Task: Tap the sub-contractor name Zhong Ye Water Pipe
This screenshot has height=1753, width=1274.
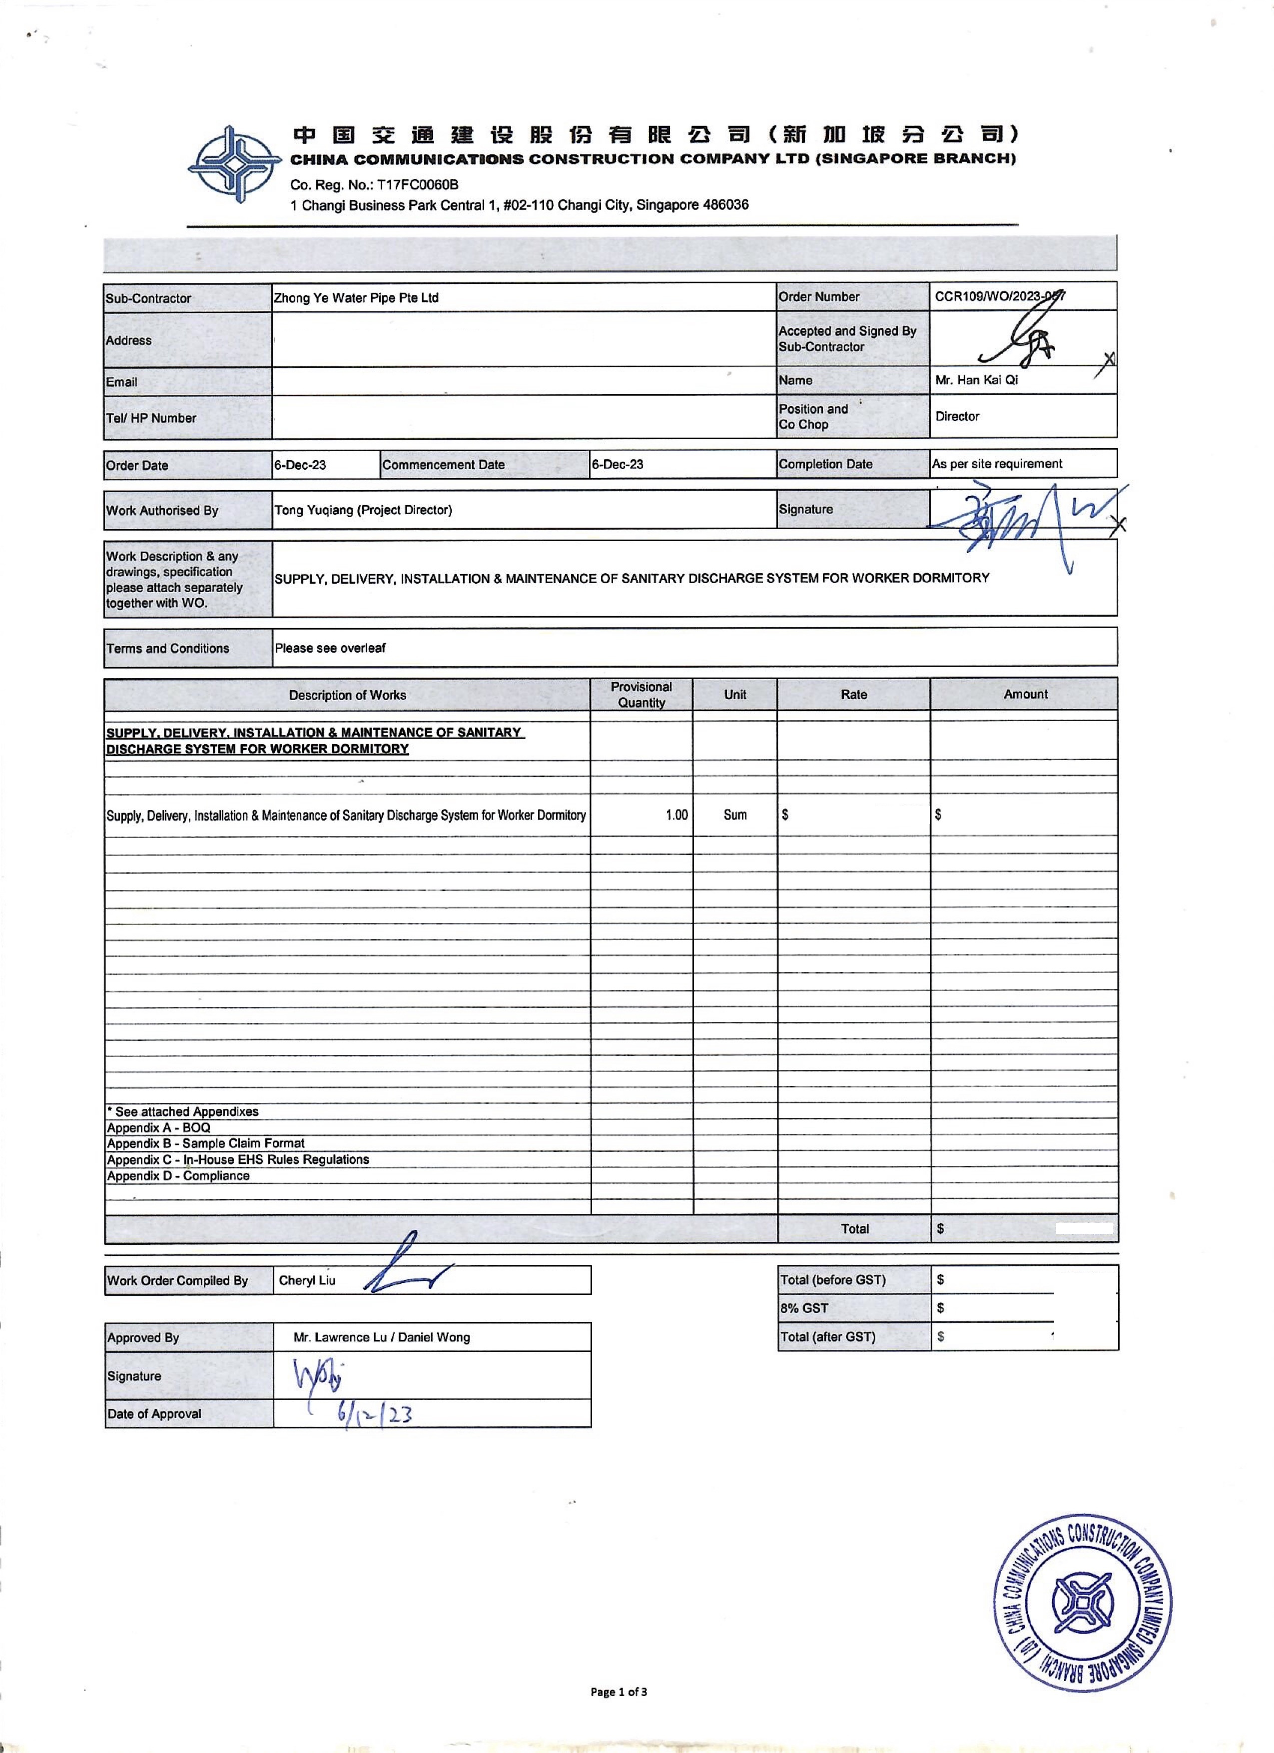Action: [x=356, y=297]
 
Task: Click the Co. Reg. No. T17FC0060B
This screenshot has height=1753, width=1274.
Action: [x=374, y=185]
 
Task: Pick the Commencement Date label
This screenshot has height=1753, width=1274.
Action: [x=444, y=465]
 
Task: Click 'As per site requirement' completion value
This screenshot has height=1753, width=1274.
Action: [x=997, y=464]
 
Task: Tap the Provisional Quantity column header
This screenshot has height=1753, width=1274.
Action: [x=641, y=694]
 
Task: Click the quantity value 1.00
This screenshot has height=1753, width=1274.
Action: [x=677, y=815]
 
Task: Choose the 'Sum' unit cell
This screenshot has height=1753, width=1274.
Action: [x=735, y=815]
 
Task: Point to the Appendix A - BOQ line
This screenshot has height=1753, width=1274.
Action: [x=158, y=1128]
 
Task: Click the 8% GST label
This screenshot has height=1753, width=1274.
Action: [x=804, y=1308]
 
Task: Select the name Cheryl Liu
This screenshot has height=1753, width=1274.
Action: [x=307, y=1280]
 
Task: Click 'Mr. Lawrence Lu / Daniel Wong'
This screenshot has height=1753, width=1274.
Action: [x=382, y=1337]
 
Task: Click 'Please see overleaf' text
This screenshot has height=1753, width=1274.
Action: [x=330, y=648]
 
